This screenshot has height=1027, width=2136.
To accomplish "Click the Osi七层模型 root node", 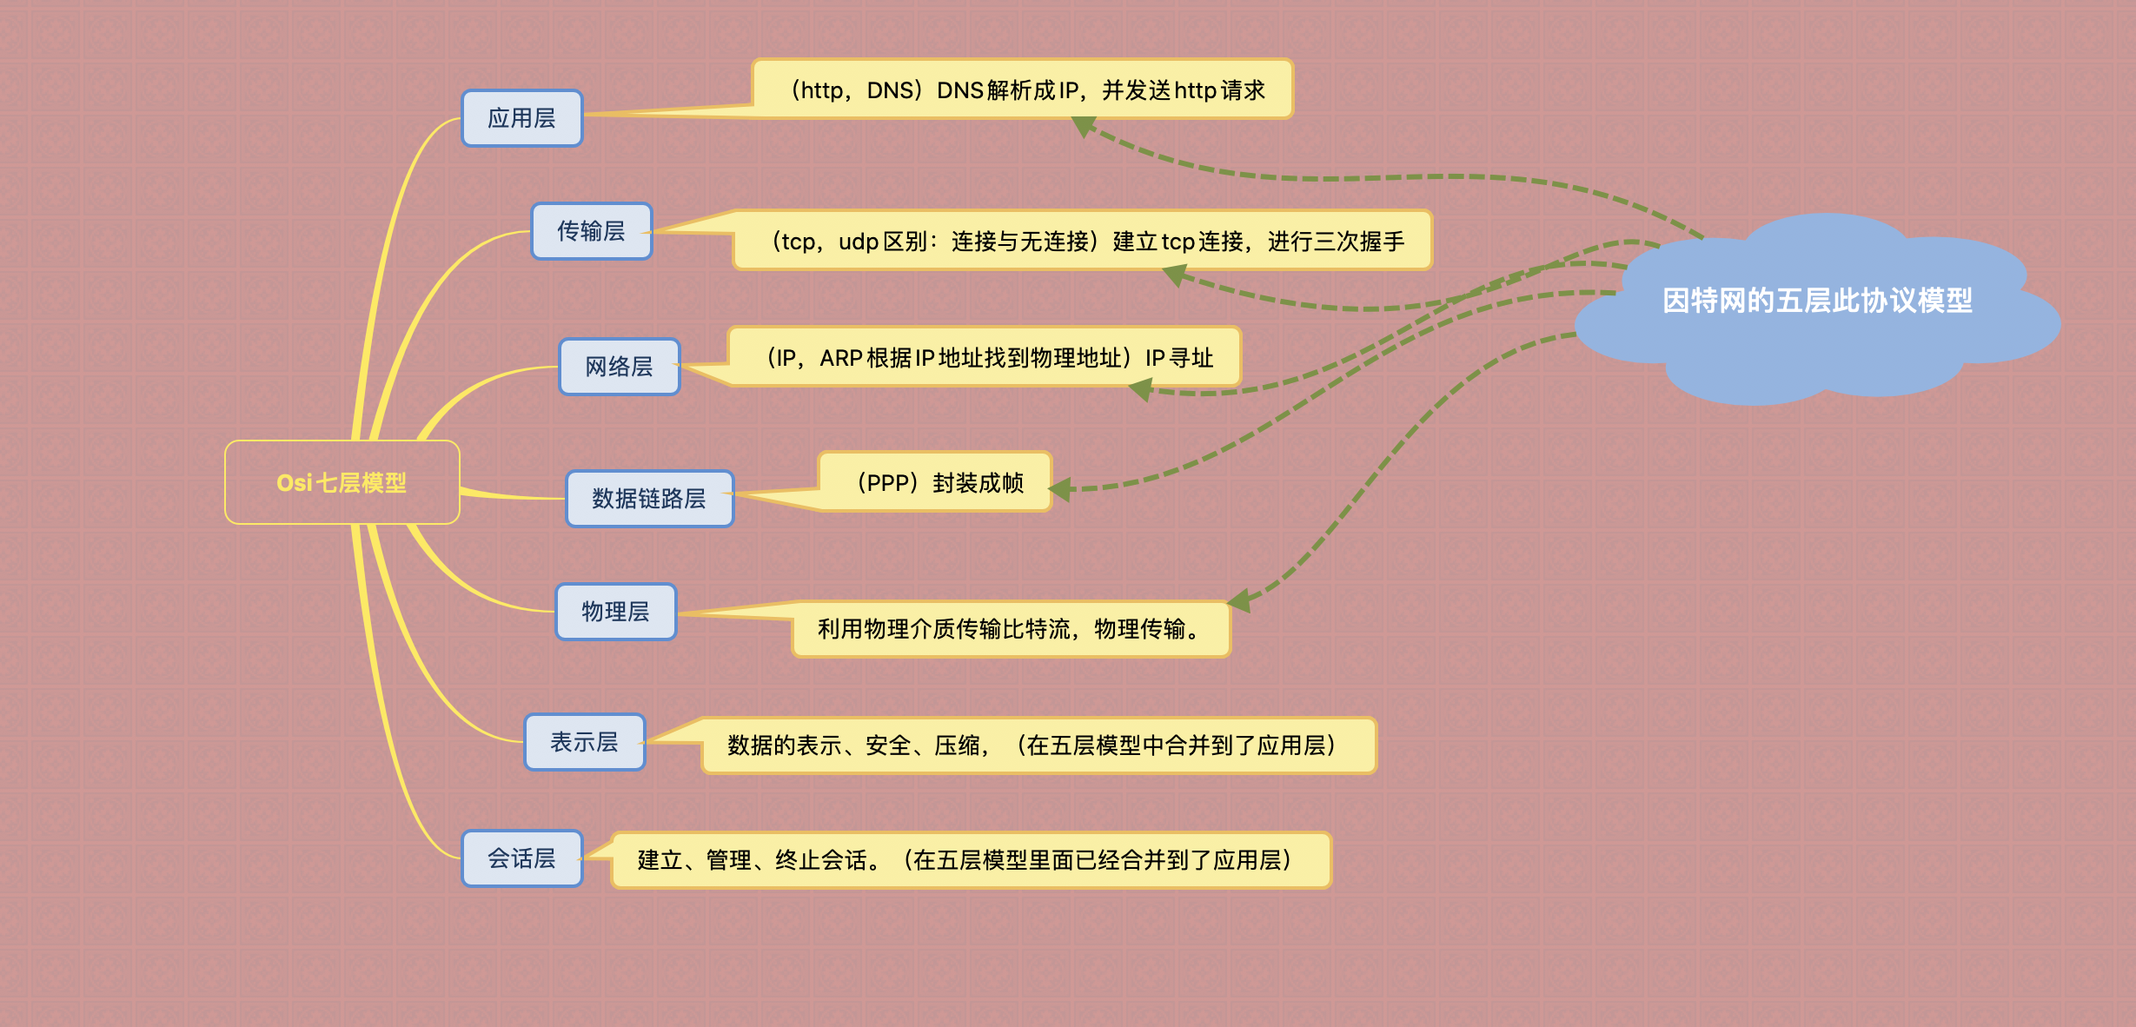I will click(342, 482).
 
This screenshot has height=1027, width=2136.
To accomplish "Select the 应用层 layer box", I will click(521, 118).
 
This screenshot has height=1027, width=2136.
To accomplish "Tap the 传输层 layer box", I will click(591, 231).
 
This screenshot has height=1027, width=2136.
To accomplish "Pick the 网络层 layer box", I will click(619, 367).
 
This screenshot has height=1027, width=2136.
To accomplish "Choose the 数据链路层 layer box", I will click(649, 499).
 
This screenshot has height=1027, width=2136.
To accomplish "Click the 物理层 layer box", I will click(615, 612).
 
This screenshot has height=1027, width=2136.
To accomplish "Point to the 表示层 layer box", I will click(584, 742).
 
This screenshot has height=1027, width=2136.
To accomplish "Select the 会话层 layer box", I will click(521, 858).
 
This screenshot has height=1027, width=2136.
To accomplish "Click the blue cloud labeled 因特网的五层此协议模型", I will click(1816, 301).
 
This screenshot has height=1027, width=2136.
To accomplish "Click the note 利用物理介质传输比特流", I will click(1011, 629).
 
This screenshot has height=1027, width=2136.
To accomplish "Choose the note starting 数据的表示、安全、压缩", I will click(1038, 745).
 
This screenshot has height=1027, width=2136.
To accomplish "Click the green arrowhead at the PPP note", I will click(1061, 490).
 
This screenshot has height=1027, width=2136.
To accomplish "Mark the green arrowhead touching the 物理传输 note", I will click(1238, 600).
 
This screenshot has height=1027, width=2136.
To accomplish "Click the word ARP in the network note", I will click(840, 358).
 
